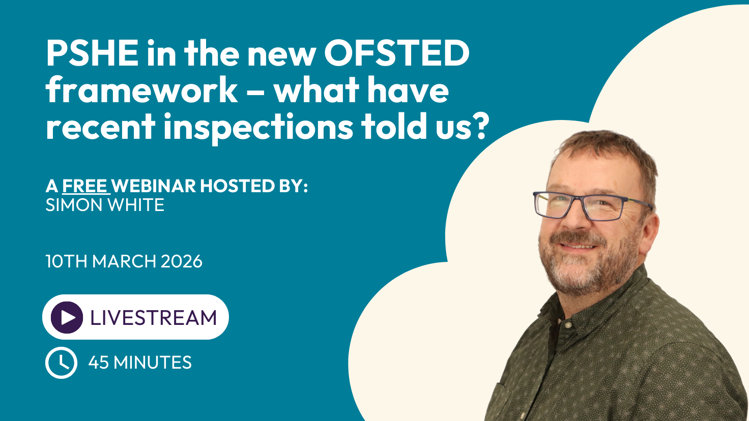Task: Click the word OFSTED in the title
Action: coord(397,53)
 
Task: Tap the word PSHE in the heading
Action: coord(92,53)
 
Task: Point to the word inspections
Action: coord(258,128)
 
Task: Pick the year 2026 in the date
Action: coord(182,261)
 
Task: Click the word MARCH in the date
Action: coord(124,261)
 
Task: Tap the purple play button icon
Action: coord(67,317)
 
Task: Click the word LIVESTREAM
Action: coord(154,317)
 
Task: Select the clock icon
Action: coord(61,363)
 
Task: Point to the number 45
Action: coord(98,363)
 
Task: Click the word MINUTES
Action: coord(153,363)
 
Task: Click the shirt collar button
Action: coord(567,324)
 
